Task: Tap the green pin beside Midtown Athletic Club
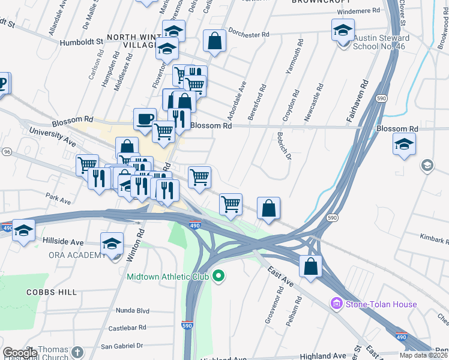pyautogui.click(x=219, y=277)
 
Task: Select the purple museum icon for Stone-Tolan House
pyautogui.click(x=336, y=305)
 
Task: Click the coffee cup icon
pyautogui.click(x=145, y=118)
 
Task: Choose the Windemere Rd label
pyautogui.click(x=359, y=11)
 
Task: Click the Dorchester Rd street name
pyautogui.click(x=249, y=35)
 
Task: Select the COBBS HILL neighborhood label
pyautogui.click(x=52, y=292)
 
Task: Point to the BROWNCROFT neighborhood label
pyautogui.click(x=320, y=2)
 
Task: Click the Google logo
pyautogui.click(x=20, y=353)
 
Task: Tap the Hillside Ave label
pyautogui.click(x=63, y=242)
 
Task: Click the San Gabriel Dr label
pyautogui.click(x=122, y=346)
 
